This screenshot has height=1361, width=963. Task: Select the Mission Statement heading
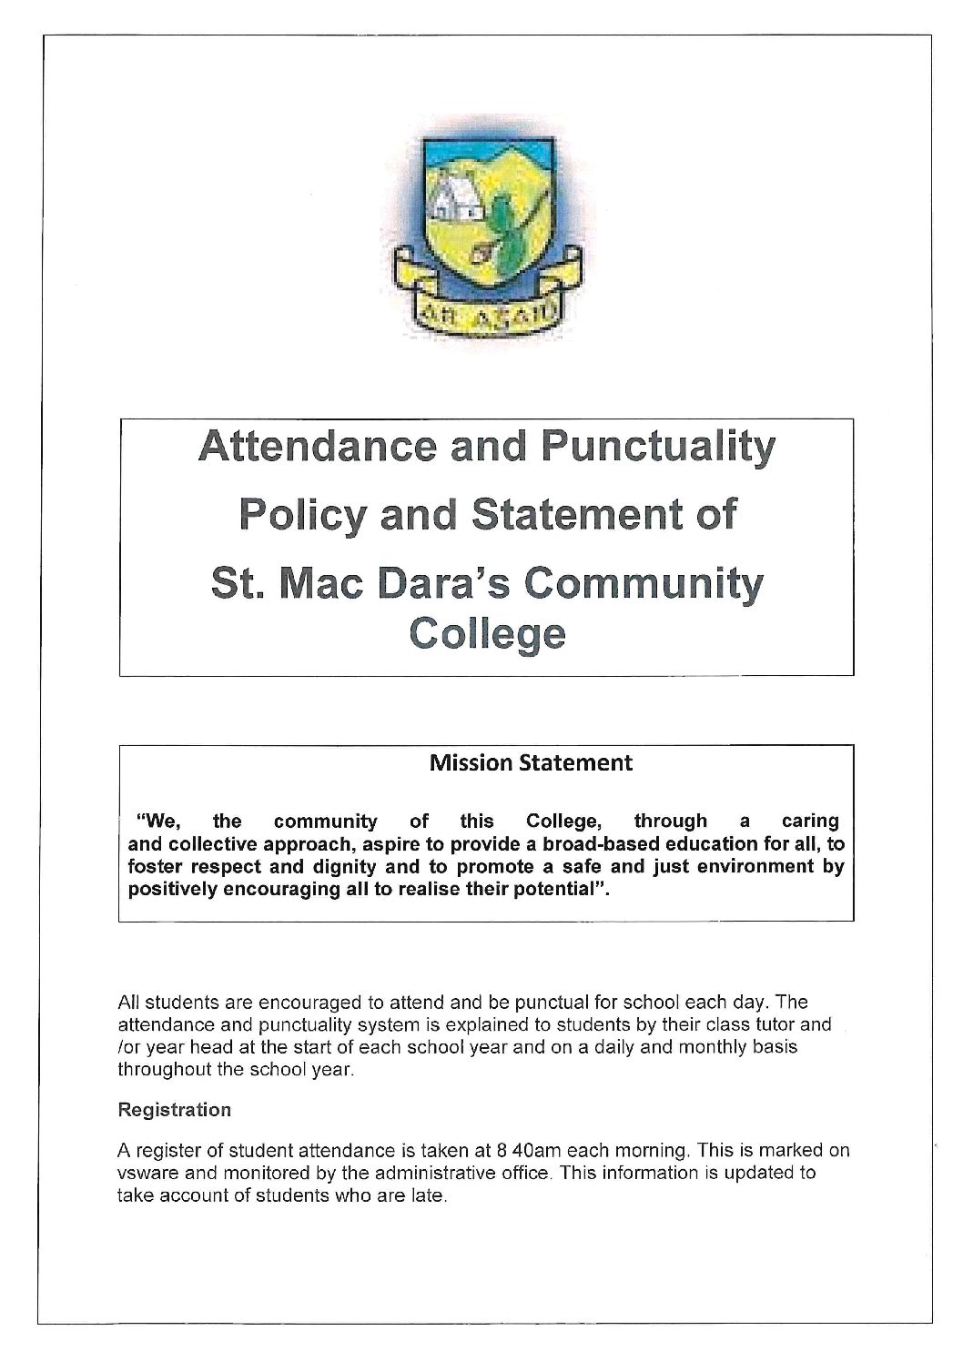coord(531,762)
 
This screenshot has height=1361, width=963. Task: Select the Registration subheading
coord(175,1110)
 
